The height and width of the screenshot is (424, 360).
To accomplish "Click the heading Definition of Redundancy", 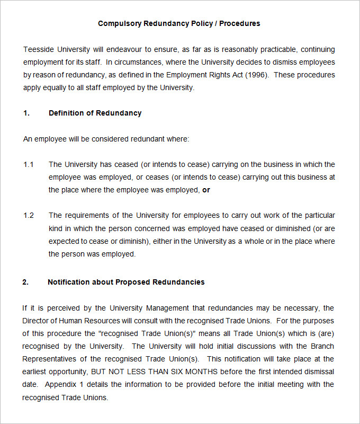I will coord(95,113).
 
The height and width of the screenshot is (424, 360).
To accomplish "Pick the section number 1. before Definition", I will coord(26,113).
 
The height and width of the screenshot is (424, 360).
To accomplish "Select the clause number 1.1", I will coord(29,164).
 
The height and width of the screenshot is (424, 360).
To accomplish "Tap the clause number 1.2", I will coord(29,215).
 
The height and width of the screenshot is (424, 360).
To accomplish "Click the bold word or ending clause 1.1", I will coord(206,190).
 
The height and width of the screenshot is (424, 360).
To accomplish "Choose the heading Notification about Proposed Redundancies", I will coord(126,282).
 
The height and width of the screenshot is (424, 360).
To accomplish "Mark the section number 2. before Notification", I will coord(25,282).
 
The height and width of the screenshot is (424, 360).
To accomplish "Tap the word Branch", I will coord(323,346).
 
